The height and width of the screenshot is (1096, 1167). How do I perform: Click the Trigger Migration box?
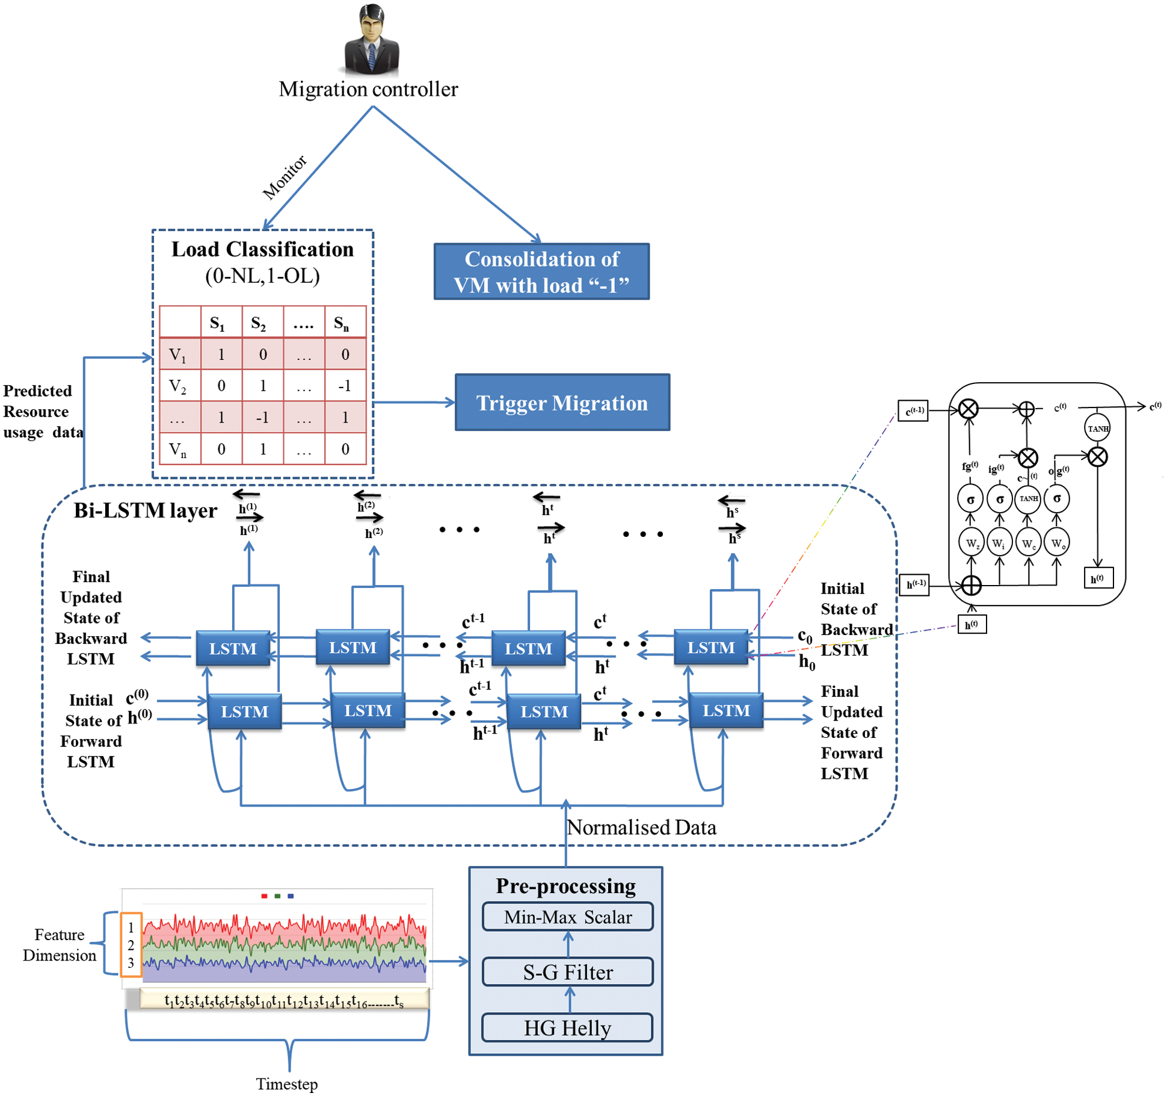(562, 402)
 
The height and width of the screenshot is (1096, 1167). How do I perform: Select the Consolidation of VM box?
(541, 271)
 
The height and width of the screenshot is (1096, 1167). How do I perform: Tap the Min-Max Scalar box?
(567, 916)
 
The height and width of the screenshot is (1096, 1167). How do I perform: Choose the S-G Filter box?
(567, 971)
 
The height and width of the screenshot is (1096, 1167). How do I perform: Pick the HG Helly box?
(567, 1027)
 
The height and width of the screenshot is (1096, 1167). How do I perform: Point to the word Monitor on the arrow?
(285, 177)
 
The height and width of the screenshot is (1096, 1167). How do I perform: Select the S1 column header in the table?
(217, 323)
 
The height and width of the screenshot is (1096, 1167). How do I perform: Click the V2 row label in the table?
(177, 386)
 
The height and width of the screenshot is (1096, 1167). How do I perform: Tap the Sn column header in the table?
(341, 323)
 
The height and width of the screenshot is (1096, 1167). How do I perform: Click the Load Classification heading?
(262, 249)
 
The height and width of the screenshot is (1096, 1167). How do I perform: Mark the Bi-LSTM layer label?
(145, 510)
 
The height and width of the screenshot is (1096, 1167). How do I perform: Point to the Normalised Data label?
(641, 828)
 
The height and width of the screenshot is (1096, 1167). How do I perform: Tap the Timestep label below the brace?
(286, 1083)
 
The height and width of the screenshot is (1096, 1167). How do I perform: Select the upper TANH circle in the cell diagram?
(1097, 429)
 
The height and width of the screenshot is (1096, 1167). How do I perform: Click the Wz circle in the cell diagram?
(971, 543)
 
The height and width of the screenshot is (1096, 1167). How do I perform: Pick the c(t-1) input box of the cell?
(913, 410)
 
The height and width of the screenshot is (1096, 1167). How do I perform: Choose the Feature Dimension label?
(59, 944)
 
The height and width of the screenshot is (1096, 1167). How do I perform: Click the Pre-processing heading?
(565, 886)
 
